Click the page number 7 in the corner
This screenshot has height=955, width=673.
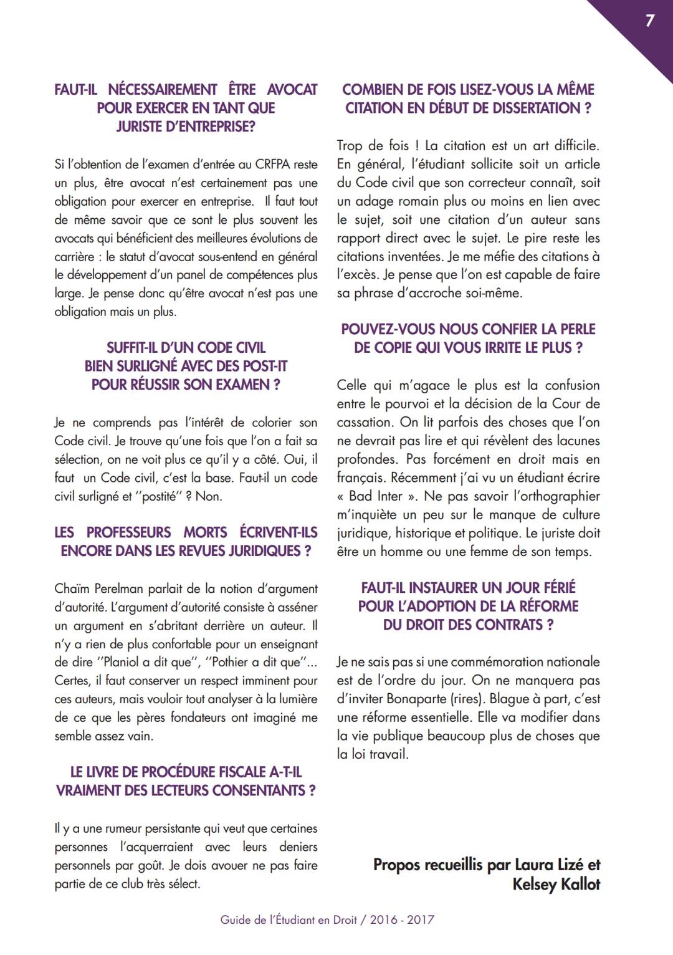[650, 21]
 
